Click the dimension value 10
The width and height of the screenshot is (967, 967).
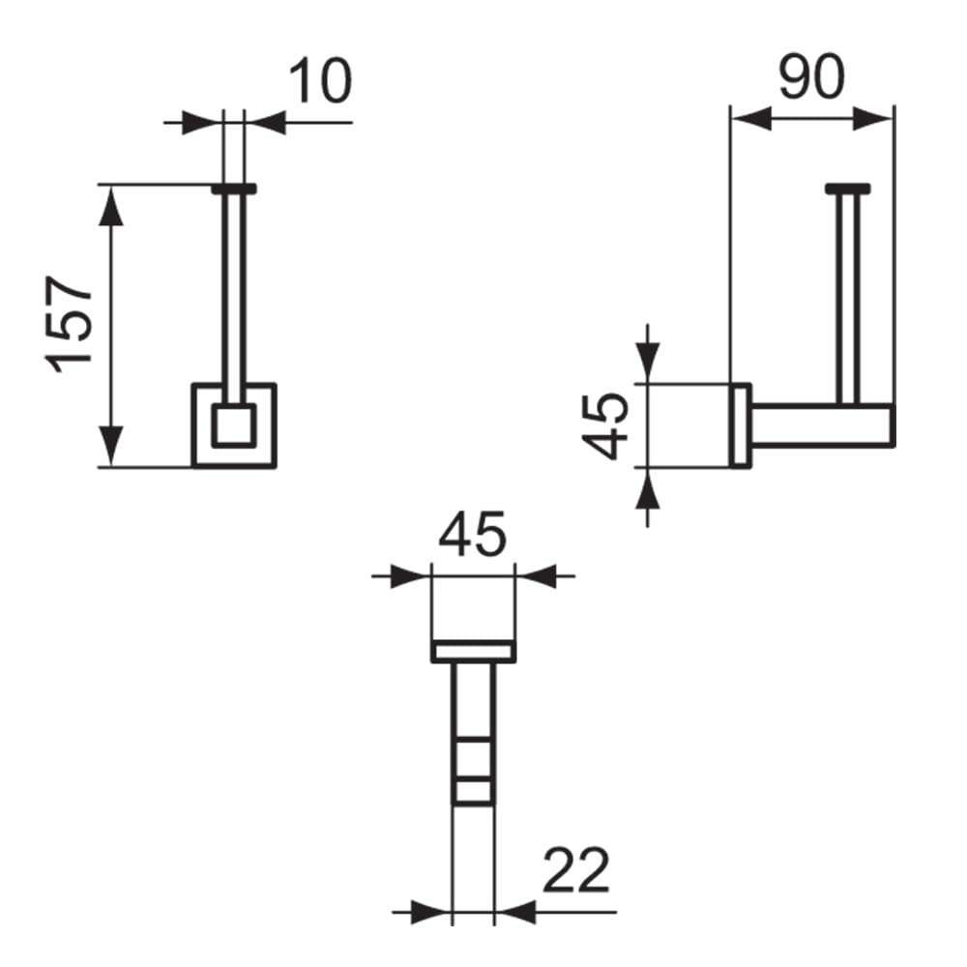pyautogui.click(x=320, y=81)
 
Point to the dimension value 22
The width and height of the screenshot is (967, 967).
pyautogui.click(x=576, y=870)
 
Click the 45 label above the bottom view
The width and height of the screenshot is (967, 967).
pyautogui.click(x=473, y=533)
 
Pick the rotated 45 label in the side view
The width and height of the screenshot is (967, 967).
pyautogui.click(x=605, y=426)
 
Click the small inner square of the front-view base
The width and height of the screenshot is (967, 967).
pyautogui.click(x=234, y=425)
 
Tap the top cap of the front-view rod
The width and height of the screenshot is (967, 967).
pyautogui.click(x=234, y=189)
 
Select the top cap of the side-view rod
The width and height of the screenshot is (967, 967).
pyautogui.click(x=848, y=189)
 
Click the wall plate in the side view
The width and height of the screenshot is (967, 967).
pyautogui.click(x=740, y=425)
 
